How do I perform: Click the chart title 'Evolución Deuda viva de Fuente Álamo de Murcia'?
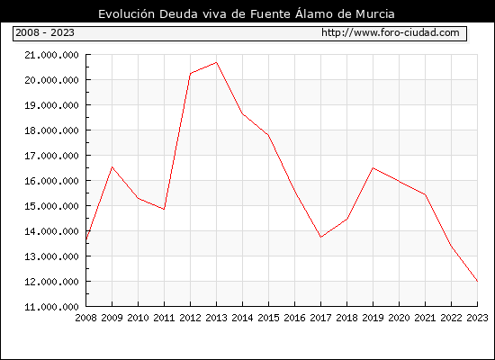coord(247,13)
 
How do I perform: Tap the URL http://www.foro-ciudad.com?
coord(391,32)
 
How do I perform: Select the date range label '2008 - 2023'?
coord(45,32)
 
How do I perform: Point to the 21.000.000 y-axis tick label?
coord(51,55)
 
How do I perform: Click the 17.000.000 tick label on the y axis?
coord(51,156)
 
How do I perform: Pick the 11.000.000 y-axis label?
coord(51,307)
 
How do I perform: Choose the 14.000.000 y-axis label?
coord(51,231)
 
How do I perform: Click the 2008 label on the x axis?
coord(85,318)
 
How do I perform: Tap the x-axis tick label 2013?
coord(216,318)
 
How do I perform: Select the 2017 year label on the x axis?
coord(320,318)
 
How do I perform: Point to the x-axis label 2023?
coord(477,318)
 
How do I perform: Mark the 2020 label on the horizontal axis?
coord(399,318)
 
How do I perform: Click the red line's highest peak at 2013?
coord(216,62)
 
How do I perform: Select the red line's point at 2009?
coord(112,167)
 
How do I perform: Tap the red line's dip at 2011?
coord(164,209)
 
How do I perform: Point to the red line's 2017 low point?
coord(320,237)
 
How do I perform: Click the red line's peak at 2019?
coord(373,168)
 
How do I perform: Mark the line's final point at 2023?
coord(477,281)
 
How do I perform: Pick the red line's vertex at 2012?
coord(191,74)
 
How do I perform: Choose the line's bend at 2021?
coord(425,194)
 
